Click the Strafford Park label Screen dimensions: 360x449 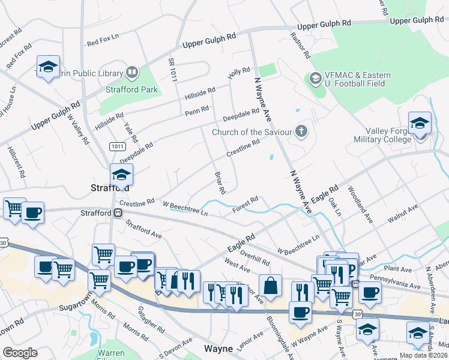point(131,89)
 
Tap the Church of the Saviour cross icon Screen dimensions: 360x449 point(301,131)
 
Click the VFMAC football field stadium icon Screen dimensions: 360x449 point(314,79)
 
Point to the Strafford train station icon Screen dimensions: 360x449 point(118,212)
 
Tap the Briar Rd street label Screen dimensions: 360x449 point(220,183)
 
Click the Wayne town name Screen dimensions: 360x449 point(218,348)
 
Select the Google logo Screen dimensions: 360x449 point(20,353)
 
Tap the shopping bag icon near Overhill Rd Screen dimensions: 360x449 point(270,286)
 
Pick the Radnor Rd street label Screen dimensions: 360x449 point(300,46)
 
